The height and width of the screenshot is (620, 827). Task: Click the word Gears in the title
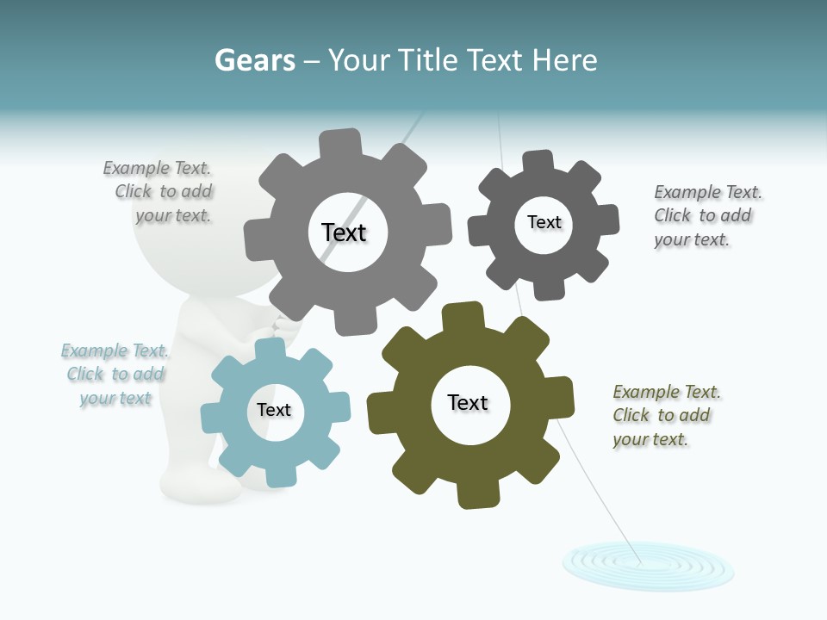(x=255, y=60)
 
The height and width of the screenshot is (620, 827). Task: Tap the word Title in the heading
(x=430, y=60)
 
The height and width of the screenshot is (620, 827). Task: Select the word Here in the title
(x=564, y=60)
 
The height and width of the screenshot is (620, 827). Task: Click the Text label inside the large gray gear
(x=344, y=232)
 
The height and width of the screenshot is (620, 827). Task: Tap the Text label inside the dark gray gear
(x=544, y=222)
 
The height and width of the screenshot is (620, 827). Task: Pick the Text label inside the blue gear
(x=274, y=410)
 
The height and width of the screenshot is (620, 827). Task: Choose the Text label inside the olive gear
(x=468, y=402)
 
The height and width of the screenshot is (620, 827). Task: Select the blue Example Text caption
(x=115, y=374)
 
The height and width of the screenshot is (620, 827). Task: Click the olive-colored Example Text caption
(x=665, y=415)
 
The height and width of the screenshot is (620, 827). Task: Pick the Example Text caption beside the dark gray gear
(x=706, y=215)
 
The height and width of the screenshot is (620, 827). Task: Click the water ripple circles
(x=648, y=565)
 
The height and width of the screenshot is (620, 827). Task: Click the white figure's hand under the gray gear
(x=284, y=327)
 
